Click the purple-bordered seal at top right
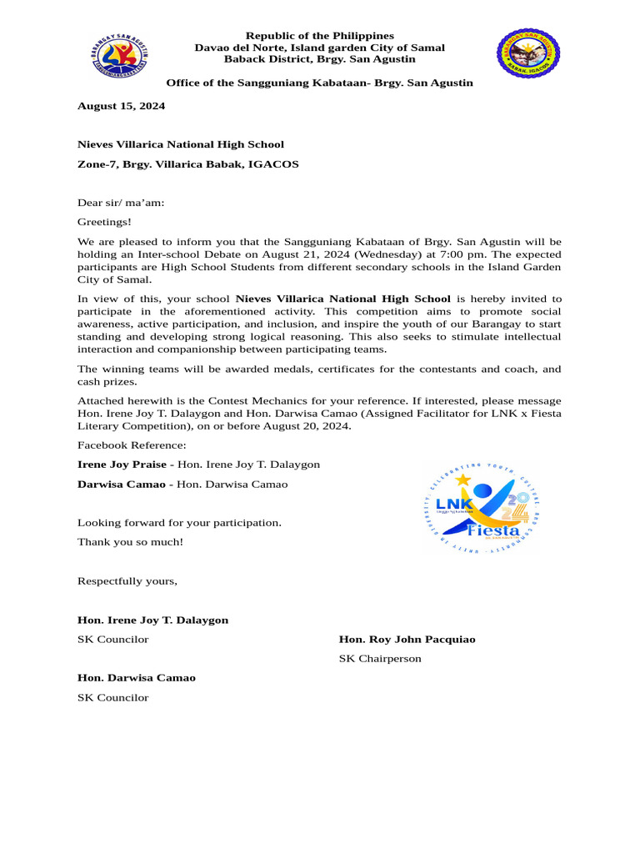(529, 53)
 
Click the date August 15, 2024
(121, 106)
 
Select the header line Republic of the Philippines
(319, 36)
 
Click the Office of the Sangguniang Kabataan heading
(319, 83)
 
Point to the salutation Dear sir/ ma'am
(121, 202)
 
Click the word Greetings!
(104, 222)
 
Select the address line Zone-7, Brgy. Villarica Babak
(187, 164)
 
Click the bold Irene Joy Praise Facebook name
(122, 464)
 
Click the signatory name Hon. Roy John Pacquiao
(407, 640)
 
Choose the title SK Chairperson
(379, 659)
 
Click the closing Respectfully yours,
(127, 580)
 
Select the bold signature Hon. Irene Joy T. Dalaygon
(152, 620)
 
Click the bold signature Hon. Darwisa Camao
(137, 678)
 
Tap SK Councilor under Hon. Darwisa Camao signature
(112, 697)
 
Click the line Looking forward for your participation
(179, 523)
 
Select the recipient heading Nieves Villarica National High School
(181, 144)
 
